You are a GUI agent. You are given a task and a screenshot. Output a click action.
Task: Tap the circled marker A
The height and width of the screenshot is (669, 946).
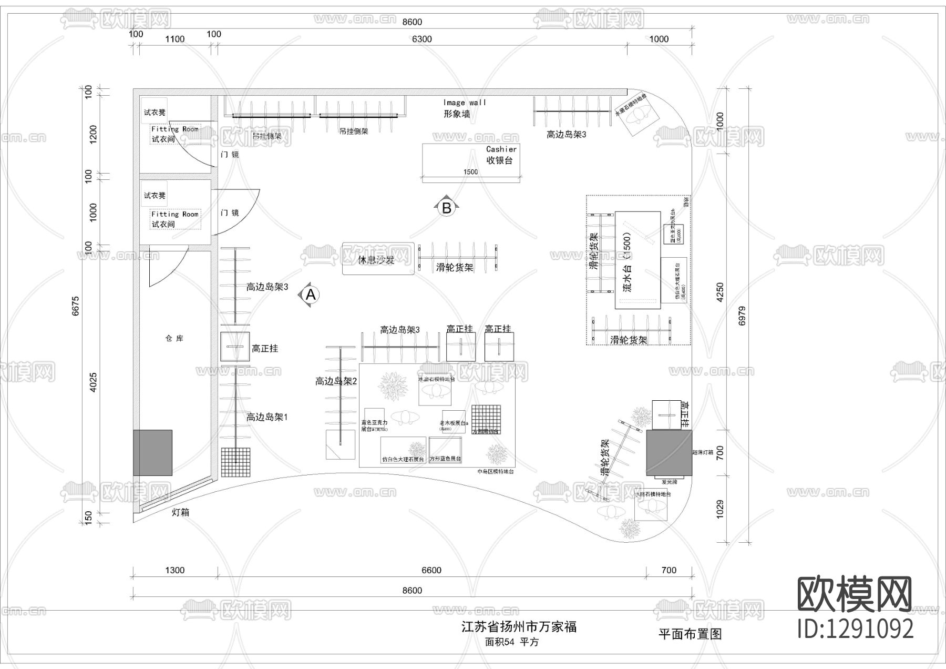[311, 295]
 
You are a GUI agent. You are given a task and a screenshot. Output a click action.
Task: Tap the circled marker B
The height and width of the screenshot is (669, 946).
[447, 208]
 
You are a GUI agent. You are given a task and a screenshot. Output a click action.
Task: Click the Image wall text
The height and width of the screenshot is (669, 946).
[465, 103]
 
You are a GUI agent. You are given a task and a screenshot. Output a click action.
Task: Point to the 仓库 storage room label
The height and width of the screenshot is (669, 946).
[174, 338]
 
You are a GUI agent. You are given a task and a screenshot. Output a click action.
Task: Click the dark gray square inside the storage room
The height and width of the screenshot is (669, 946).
[152, 452]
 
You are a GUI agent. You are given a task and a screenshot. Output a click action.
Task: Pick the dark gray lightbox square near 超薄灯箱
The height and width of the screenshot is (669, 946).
[669, 452]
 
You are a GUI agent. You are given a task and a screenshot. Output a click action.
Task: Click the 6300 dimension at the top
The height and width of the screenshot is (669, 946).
[421, 39]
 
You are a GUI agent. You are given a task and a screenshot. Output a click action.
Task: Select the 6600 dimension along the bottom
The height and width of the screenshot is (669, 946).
[431, 570]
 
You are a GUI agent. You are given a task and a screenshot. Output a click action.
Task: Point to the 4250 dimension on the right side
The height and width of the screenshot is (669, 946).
[720, 292]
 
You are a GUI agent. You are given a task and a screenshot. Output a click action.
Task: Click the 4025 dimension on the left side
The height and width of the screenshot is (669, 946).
[93, 382]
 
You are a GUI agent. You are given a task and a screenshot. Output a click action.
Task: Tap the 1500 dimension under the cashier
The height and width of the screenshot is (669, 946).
[470, 172]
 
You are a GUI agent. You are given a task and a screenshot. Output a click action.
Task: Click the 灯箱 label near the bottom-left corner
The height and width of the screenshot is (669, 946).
[180, 512]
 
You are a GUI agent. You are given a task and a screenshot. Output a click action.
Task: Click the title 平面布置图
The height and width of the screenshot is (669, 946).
[690, 634]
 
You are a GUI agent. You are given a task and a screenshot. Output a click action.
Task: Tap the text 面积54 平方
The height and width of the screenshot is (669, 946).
[511, 642]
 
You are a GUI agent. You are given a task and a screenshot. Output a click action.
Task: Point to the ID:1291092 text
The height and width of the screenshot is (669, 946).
[855, 629]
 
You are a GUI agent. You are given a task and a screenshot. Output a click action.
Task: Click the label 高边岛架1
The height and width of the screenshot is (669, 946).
[267, 417]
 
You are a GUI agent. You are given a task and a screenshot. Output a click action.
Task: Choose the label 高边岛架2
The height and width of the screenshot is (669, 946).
[336, 381]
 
